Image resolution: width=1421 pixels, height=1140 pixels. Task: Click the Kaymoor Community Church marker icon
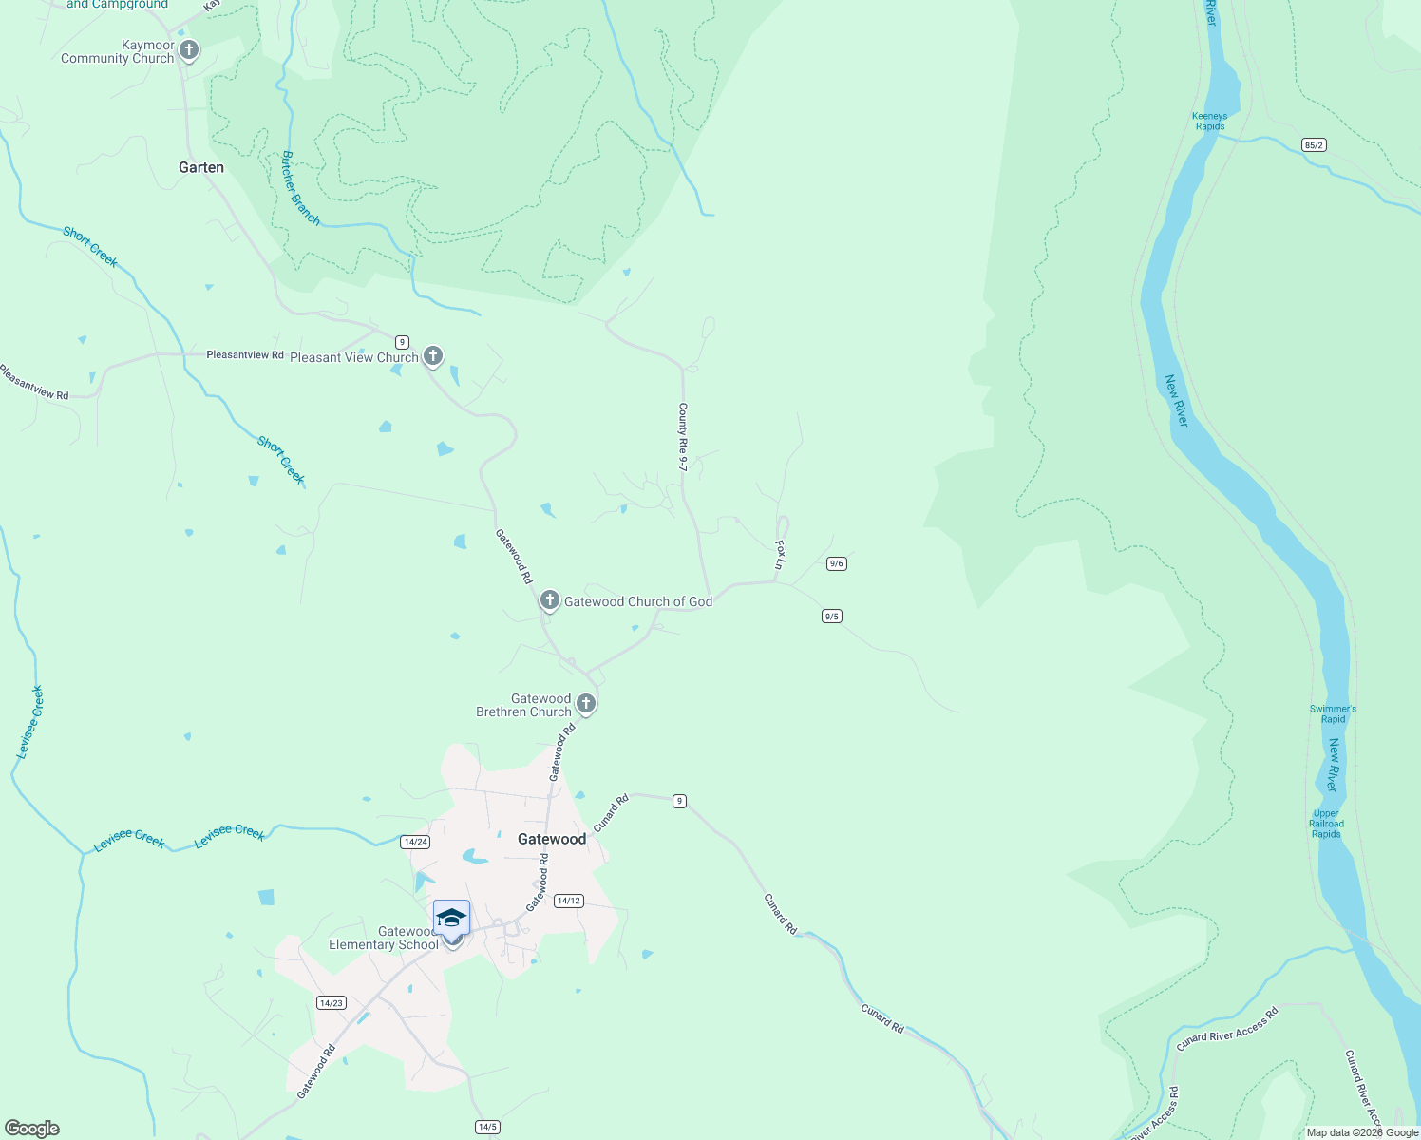[x=189, y=49]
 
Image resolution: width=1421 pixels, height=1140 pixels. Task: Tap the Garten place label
[x=201, y=167]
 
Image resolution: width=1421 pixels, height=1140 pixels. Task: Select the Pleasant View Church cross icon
[x=432, y=356]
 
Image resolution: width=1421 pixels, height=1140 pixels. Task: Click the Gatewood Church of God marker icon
[x=549, y=600]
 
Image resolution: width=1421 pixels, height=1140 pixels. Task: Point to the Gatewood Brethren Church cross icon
[x=586, y=704]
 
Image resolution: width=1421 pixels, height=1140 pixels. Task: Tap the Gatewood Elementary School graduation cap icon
[x=452, y=919]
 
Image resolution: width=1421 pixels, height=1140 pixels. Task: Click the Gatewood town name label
[x=552, y=839]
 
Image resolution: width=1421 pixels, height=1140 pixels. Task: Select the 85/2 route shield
[x=1314, y=145]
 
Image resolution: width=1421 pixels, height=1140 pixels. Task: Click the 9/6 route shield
[x=836, y=563]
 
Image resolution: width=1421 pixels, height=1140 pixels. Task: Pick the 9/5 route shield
[x=831, y=617]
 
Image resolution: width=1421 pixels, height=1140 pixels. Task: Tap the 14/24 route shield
[x=415, y=842]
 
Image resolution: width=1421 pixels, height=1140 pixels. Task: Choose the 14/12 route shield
[x=568, y=901]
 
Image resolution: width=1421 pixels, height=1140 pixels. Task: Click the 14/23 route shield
[x=331, y=1003]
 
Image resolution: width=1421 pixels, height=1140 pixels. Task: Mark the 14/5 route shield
[x=487, y=1127]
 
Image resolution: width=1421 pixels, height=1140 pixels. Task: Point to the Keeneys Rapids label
[x=1209, y=122]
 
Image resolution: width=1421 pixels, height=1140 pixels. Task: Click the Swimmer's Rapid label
[x=1333, y=713]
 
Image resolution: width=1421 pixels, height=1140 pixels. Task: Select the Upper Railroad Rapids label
[x=1326, y=824]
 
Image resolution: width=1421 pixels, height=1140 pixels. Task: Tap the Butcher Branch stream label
[x=300, y=188]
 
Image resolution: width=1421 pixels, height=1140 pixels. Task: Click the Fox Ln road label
[x=780, y=555]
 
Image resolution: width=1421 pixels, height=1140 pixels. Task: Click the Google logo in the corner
[x=32, y=1128]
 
